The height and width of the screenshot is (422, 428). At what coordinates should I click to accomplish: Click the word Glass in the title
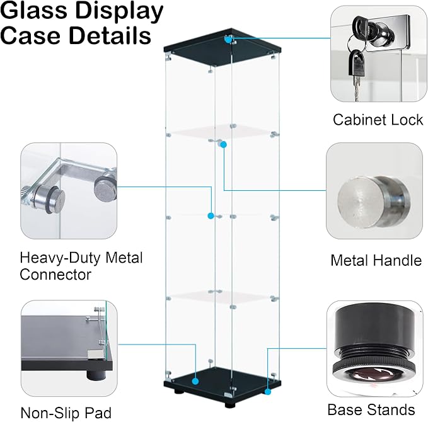[33, 11]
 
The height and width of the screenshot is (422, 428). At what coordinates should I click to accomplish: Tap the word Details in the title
[110, 35]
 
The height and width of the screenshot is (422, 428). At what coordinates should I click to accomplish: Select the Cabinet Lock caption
[378, 120]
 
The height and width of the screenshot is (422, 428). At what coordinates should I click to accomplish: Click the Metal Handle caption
[376, 260]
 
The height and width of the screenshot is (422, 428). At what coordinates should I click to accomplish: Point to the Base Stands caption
[371, 409]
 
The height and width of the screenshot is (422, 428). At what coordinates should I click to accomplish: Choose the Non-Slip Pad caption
[66, 413]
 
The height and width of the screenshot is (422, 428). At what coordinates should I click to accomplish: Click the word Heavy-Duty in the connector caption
[61, 258]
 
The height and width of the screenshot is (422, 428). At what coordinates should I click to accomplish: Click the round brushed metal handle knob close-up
[373, 202]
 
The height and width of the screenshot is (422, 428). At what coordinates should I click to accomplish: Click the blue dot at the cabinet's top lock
[228, 39]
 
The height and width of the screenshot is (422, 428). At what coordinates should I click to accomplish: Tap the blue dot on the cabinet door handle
[224, 145]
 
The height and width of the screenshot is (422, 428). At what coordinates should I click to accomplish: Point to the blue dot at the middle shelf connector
[211, 216]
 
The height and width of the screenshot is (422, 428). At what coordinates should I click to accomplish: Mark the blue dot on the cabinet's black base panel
[195, 381]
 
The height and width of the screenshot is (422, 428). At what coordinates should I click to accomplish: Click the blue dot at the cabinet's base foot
[267, 392]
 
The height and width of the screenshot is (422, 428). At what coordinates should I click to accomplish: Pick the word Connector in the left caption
[55, 275]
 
